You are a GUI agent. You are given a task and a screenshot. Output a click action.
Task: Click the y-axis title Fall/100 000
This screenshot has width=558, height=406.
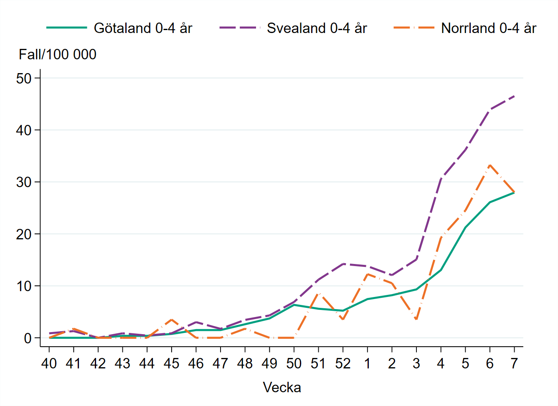click(x=58, y=54)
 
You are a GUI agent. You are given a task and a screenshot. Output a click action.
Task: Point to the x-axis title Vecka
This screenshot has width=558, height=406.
click(x=282, y=387)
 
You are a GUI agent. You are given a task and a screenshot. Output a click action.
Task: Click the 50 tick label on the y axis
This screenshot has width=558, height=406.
click(x=24, y=79)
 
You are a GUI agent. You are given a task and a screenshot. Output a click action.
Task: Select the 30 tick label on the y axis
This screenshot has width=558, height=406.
click(x=24, y=182)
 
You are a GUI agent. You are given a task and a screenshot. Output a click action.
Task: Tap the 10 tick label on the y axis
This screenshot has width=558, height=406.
click(x=24, y=286)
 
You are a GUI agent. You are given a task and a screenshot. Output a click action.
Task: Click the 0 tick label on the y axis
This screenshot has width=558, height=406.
click(x=28, y=338)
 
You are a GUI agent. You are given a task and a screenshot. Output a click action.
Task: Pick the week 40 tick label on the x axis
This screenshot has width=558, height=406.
click(x=49, y=364)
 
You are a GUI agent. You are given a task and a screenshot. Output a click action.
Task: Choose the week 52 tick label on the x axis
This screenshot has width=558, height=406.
click(x=343, y=364)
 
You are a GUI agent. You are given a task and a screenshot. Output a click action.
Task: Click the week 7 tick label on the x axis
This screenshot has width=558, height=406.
click(x=514, y=364)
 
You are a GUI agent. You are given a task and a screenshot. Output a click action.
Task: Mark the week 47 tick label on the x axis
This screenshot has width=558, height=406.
click(x=220, y=364)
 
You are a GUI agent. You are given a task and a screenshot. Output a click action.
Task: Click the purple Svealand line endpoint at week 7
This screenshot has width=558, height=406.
click(x=514, y=96)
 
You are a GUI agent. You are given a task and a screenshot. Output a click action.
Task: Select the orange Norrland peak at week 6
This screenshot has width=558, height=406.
click(x=490, y=165)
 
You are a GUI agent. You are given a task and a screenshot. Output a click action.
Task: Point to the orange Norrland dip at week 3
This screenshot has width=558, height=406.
click(x=416, y=320)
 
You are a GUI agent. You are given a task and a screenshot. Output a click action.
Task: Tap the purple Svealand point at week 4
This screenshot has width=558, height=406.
click(x=441, y=179)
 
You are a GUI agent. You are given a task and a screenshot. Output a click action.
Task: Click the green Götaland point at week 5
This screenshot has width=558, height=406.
click(x=465, y=228)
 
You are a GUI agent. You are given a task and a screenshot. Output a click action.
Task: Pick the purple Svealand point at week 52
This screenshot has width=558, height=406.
click(x=343, y=264)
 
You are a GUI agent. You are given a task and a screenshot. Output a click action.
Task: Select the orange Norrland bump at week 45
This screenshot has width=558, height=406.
click(x=171, y=320)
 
